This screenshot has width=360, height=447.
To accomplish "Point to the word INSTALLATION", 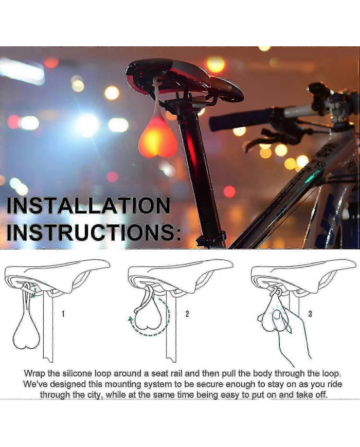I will tap(88, 207).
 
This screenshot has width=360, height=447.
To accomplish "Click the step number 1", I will tap(63, 313).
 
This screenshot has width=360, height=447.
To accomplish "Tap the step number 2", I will tap(187, 313).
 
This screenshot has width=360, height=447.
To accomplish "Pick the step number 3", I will tap(310, 313).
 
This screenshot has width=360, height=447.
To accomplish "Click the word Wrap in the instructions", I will tap(34, 373).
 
